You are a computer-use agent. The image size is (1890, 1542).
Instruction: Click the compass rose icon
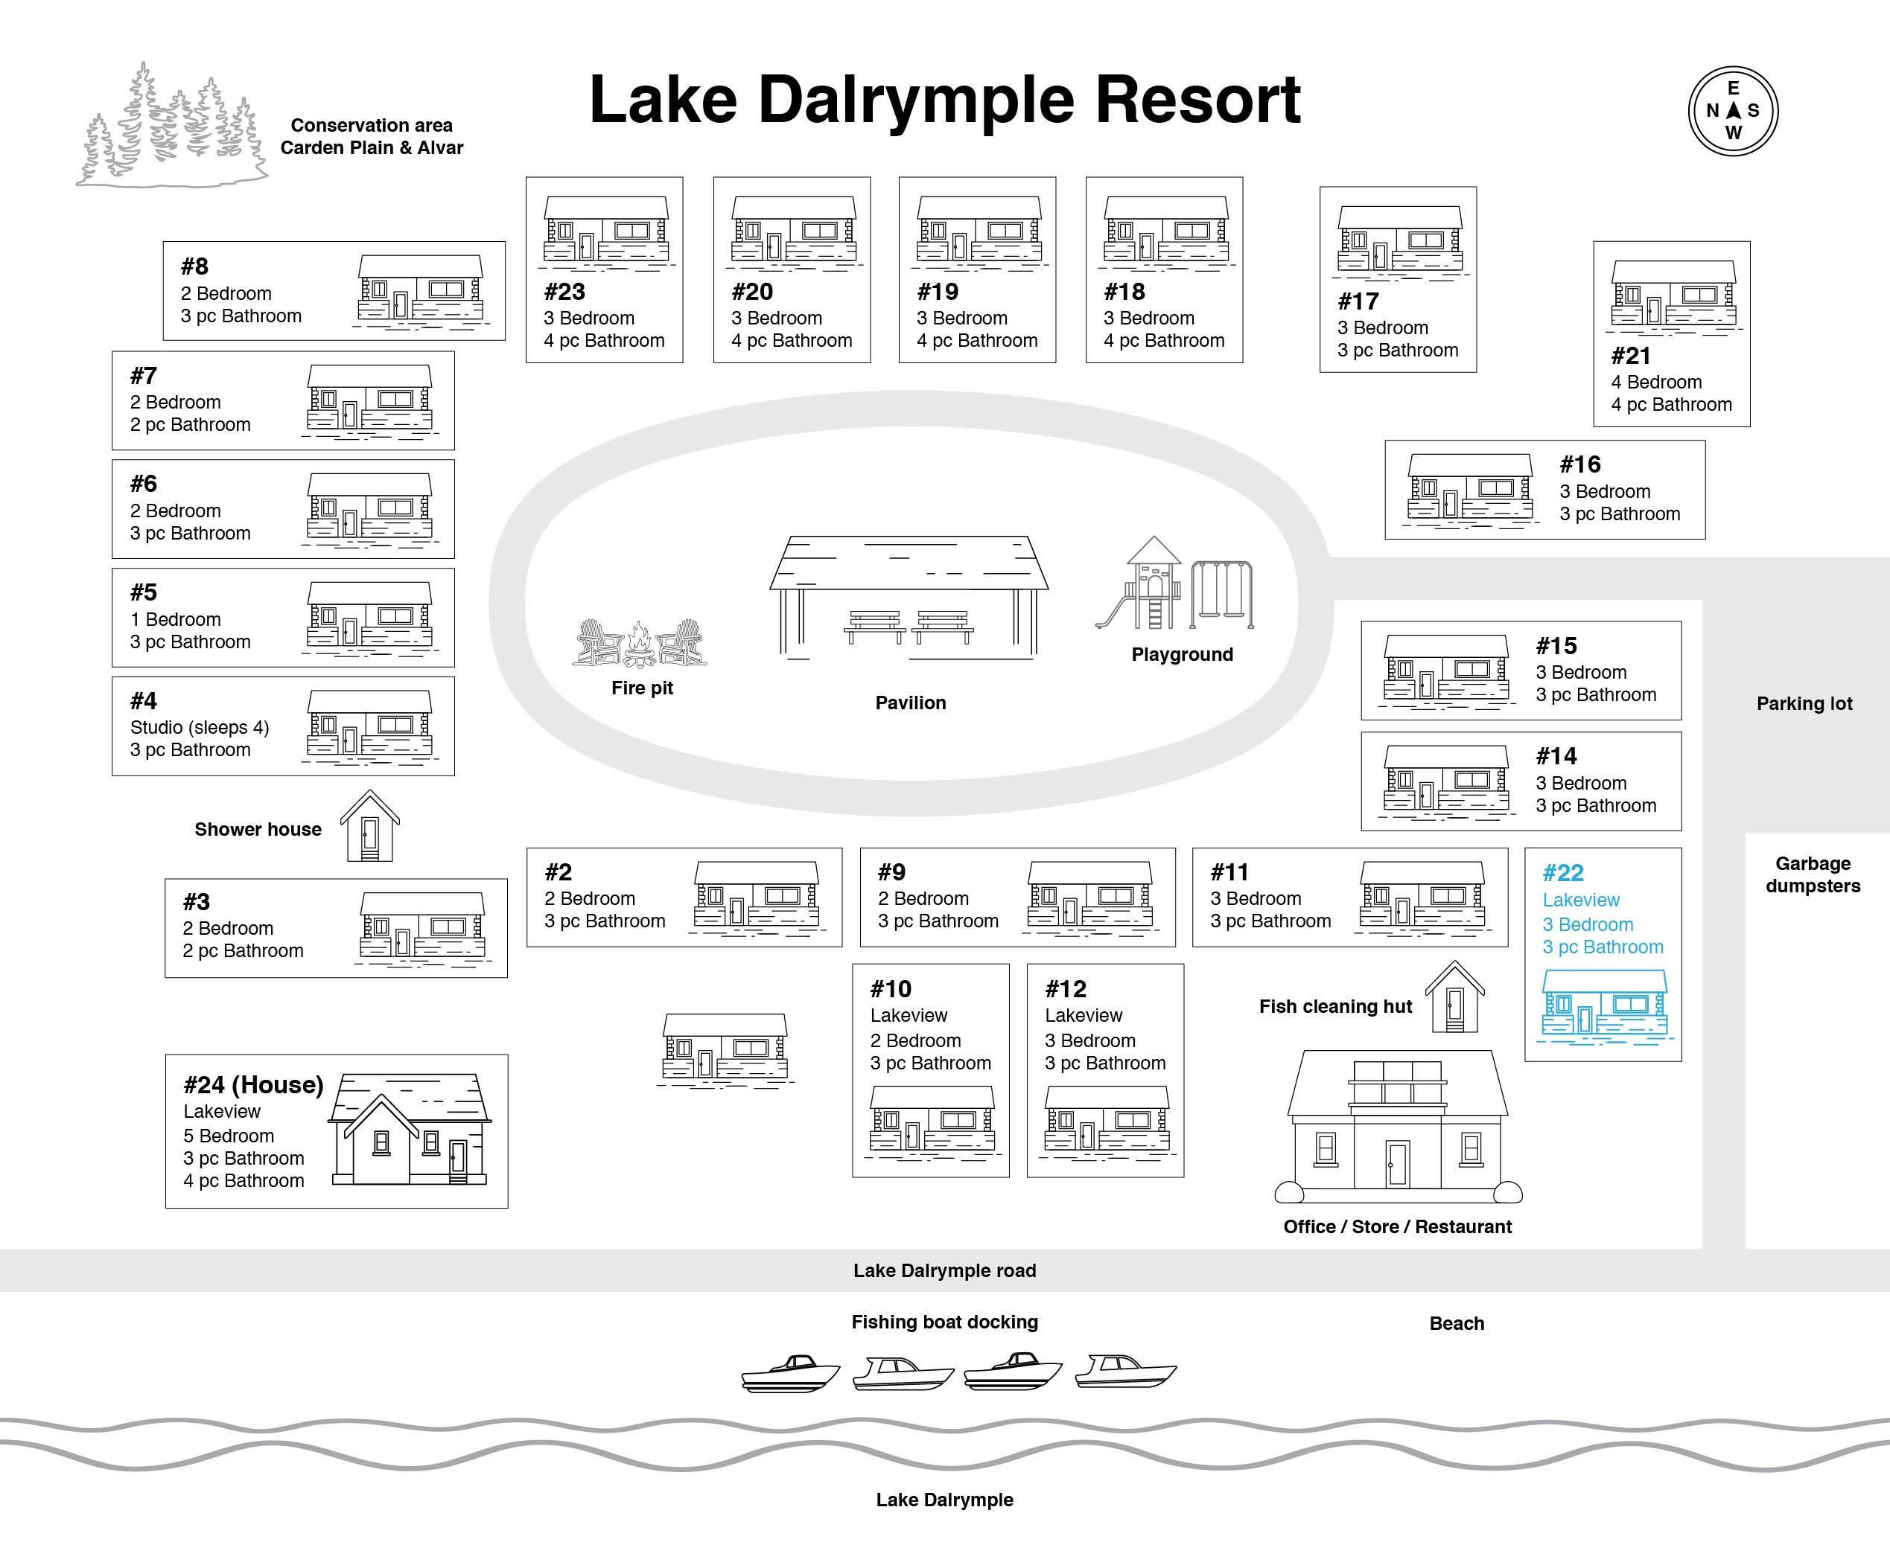click(x=1733, y=111)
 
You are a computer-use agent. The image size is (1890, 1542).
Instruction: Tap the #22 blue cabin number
click(x=1563, y=873)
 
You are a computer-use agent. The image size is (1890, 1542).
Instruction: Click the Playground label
click(x=1182, y=655)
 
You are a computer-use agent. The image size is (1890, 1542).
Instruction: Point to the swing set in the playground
click(x=1222, y=593)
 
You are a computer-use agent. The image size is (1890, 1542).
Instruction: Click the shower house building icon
click(x=369, y=826)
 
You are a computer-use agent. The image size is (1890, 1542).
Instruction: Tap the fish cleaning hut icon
click(x=1454, y=996)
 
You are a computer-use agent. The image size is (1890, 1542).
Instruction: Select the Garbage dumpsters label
click(x=1813, y=875)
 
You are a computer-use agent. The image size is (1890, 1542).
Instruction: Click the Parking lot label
click(x=1804, y=703)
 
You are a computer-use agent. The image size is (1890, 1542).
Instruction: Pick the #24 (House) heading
click(x=253, y=1084)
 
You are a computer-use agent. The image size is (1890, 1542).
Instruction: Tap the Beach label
click(x=1457, y=1323)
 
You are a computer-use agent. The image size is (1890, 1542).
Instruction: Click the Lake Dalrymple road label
click(x=944, y=1271)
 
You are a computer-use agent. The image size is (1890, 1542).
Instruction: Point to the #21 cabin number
click(x=1631, y=356)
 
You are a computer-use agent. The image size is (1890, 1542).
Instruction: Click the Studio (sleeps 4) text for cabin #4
click(x=199, y=728)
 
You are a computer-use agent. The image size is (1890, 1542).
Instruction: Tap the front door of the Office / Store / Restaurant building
click(x=1397, y=1162)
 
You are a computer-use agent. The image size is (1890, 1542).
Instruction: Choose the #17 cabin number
click(x=1358, y=302)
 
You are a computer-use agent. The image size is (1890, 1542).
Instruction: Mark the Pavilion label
click(x=910, y=703)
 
